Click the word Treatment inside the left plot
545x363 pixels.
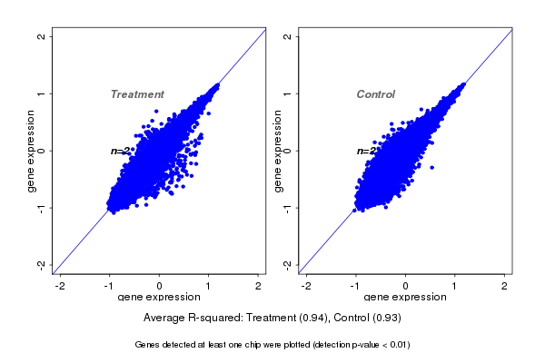coord(137,94)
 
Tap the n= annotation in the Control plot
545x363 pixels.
coord(365,151)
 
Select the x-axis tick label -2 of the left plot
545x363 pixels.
coord(60,286)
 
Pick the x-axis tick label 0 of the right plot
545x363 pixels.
coord(406,286)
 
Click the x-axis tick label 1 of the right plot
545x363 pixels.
coord(456,286)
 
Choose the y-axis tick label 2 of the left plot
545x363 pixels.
coord(41,36)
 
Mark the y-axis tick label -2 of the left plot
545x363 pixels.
coord(41,264)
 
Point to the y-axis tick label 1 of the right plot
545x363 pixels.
coord(288,93)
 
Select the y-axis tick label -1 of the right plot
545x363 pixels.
coord(288,207)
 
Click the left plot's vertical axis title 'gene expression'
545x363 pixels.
coord(32,151)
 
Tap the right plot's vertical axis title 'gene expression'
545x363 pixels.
coord(279,151)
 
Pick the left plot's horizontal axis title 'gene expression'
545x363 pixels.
coord(159,298)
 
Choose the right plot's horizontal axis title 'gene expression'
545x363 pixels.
coord(405,298)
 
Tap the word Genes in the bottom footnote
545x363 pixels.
coord(148,345)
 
